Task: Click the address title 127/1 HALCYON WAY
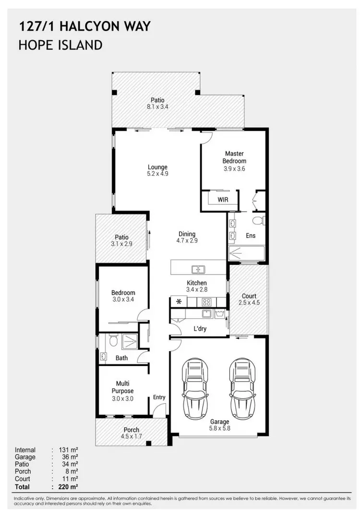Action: pyautogui.click(x=84, y=26)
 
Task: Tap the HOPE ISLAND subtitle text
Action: pyautogui.click(x=60, y=46)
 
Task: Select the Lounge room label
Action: pyautogui.click(x=157, y=171)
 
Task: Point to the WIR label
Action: pyautogui.click(x=223, y=199)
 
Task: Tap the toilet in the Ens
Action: pyautogui.click(x=259, y=221)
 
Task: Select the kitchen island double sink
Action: pyautogui.click(x=198, y=270)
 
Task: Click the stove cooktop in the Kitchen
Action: pyautogui.click(x=207, y=302)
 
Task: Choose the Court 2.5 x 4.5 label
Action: pyautogui.click(x=249, y=299)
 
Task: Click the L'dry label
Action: pyautogui.click(x=200, y=329)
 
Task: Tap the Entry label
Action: pyautogui.click(x=159, y=397)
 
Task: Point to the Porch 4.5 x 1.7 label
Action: pyautogui.click(x=131, y=433)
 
